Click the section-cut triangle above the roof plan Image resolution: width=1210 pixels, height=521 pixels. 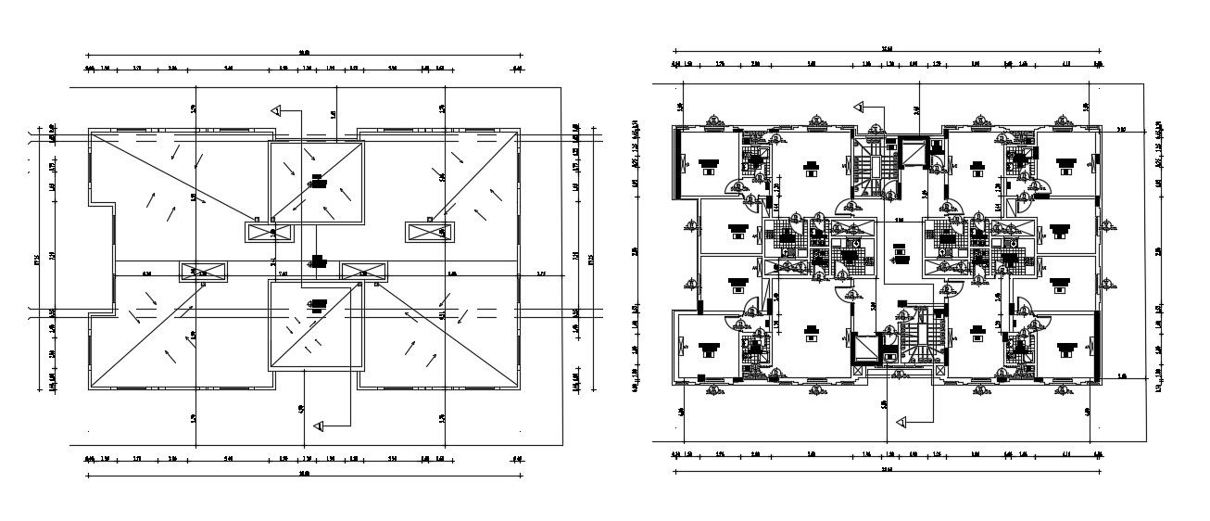pyautogui.click(x=276, y=109)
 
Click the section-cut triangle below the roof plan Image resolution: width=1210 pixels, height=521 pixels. pyautogui.click(x=319, y=426)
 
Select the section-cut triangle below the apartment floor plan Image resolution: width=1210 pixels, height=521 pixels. pyautogui.click(x=901, y=422)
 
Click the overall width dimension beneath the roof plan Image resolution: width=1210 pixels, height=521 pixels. pyautogui.click(x=305, y=476)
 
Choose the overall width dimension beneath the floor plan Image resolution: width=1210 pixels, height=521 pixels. pyautogui.click(x=887, y=471)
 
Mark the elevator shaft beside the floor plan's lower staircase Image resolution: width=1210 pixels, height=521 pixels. pyautogui.click(x=863, y=346)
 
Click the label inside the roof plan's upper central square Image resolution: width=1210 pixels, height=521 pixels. pyautogui.click(x=318, y=181)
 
